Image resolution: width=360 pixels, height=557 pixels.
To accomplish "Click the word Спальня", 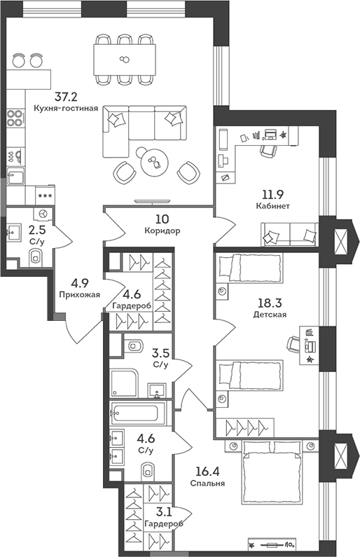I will (x=207, y=483).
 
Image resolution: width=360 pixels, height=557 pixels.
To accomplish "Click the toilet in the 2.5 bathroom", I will (x=36, y=258).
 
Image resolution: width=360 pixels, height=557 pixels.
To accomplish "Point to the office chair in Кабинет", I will (x=269, y=148).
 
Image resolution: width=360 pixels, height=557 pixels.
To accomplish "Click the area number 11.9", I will (x=273, y=194).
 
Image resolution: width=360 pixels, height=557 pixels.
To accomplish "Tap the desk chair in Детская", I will (x=296, y=343).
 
